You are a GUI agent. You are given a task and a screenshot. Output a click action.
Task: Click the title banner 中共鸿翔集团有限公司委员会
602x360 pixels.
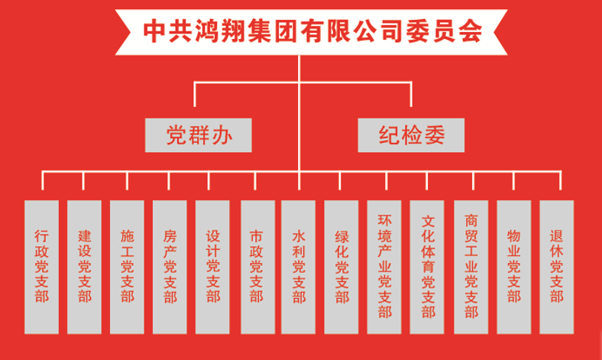pos(301,30)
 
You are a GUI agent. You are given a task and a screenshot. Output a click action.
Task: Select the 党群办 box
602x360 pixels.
pos(199,135)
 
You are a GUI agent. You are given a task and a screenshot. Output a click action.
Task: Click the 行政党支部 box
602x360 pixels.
pos(41,266)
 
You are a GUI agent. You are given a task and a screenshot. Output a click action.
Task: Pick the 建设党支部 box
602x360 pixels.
pos(84,266)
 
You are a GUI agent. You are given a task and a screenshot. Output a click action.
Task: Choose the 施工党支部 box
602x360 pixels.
pos(127,266)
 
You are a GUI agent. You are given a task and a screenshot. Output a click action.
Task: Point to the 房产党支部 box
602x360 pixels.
pos(170,266)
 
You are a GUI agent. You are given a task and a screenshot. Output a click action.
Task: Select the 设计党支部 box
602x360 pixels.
pos(212,266)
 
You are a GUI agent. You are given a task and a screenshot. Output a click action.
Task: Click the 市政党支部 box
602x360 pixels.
pos(257,266)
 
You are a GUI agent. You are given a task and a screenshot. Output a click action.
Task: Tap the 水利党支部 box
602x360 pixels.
pos(299,266)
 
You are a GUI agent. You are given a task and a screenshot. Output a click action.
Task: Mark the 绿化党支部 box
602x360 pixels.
pos(341,266)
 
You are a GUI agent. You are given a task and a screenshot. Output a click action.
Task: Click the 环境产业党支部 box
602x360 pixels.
pos(384,266)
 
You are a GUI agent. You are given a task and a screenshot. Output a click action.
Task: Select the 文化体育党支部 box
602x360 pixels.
pos(428,266)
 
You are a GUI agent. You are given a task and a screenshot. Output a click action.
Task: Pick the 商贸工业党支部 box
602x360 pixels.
pos(471,266)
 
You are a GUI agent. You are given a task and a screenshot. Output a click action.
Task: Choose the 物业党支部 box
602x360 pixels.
pos(513,266)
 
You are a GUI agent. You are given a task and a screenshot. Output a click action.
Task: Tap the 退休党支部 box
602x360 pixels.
pos(556,266)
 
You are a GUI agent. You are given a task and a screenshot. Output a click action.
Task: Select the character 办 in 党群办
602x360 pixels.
pos(222,135)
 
